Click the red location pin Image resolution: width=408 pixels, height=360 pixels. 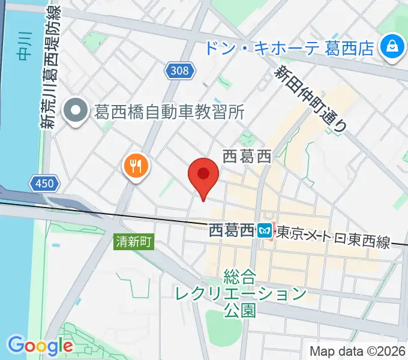click(203, 175)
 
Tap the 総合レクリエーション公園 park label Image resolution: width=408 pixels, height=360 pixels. click(240, 293)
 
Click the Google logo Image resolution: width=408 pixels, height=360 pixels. click(40, 345)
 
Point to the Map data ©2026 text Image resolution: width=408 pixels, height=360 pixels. click(358, 351)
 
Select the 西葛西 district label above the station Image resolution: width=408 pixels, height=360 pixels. click(247, 157)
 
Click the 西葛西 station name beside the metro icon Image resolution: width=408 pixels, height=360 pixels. click(231, 230)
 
